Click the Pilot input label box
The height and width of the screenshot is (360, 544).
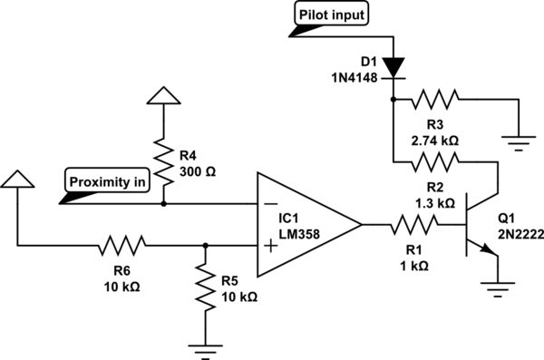(x=331, y=14)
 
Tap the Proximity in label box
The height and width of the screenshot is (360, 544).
(x=107, y=180)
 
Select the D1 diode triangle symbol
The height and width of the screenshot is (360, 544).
(x=393, y=68)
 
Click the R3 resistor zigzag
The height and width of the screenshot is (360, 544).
(x=434, y=99)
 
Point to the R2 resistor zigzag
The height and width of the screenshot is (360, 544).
(x=434, y=161)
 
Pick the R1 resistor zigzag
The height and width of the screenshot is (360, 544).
(x=414, y=225)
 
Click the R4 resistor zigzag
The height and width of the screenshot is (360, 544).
(x=163, y=161)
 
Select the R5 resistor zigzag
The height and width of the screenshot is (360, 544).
(x=206, y=287)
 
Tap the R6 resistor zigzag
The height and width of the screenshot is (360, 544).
(x=122, y=246)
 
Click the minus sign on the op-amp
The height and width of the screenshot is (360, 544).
(x=271, y=204)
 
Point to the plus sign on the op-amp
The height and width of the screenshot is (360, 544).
(x=271, y=246)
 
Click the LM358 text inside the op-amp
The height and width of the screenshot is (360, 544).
(x=299, y=234)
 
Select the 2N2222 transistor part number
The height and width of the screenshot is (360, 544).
(x=521, y=235)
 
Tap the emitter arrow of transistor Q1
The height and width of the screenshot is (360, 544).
(x=489, y=249)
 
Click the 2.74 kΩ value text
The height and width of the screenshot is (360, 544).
(x=435, y=141)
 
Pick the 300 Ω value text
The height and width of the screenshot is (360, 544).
(x=198, y=172)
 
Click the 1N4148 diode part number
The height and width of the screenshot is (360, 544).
(x=355, y=78)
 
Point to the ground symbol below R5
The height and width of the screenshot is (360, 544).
(x=206, y=351)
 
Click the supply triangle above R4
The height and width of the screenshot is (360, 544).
(x=164, y=95)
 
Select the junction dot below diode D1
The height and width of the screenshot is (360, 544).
(x=393, y=99)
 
